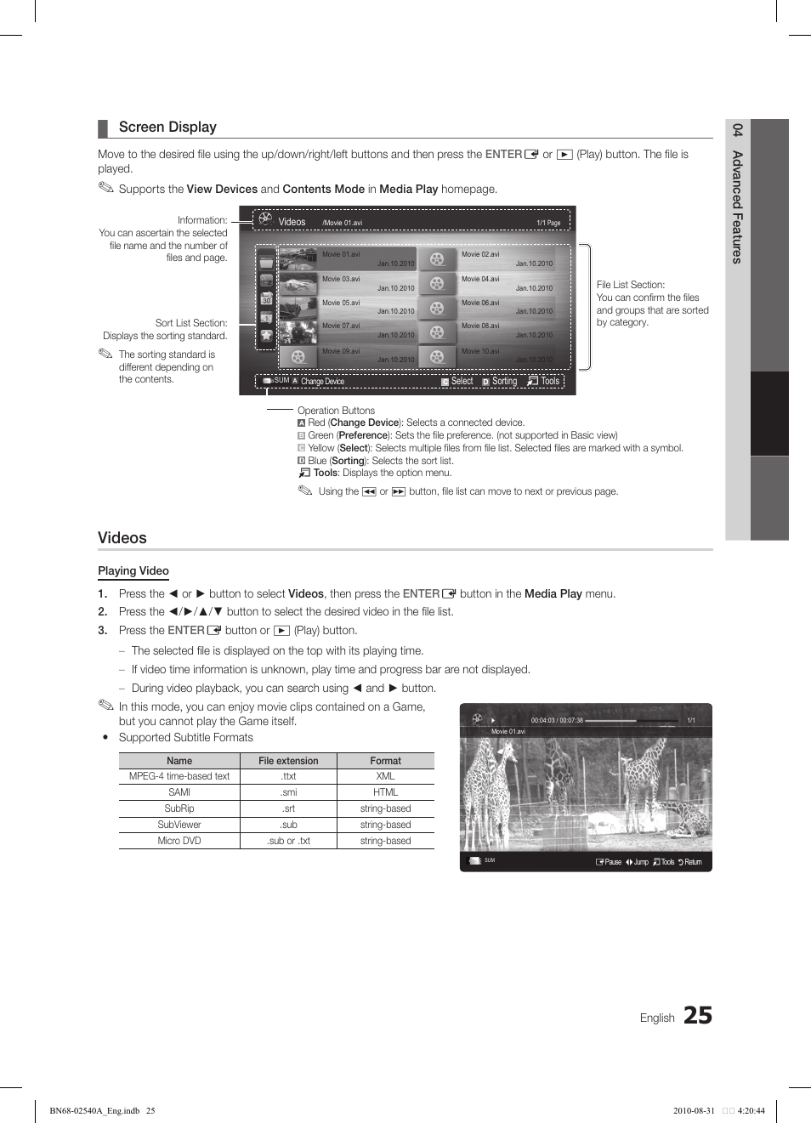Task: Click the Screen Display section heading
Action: pyautogui.click(x=167, y=128)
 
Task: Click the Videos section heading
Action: pyautogui.click(x=122, y=538)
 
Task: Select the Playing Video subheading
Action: pyautogui.click(x=133, y=571)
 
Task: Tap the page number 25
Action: pyautogui.click(x=697, y=1015)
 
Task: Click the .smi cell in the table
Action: pyautogui.click(x=288, y=792)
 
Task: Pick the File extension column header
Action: pyautogui.click(x=288, y=761)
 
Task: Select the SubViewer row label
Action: pyautogui.click(x=179, y=825)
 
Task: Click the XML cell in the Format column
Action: pyautogui.click(x=385, y=776)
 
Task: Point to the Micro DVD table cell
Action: pyautogui.click(x=179, y=841)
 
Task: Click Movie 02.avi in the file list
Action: pyautogui.click(x=480, y=254)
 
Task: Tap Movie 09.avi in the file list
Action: pyautogui.click(x=341, y=351)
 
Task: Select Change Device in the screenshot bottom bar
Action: pyautogui.click(x=322, y=382)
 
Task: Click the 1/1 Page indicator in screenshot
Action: pyautogui.click(x=548, y=223)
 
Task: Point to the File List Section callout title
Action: pyautogui.click(x=631, y=285)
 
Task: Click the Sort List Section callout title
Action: pyautogui.click(x=191, y=323)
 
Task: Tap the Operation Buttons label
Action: pyautogui.click(x=336, y=411)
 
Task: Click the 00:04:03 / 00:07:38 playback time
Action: pyautogui.click(x=557, y=720)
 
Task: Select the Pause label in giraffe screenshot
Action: pyautogui.click(x=612, y=862)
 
